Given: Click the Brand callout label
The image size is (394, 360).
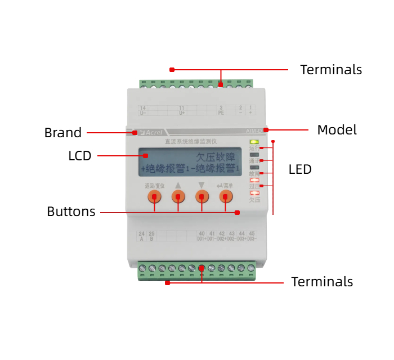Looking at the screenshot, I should (x=63, y=133).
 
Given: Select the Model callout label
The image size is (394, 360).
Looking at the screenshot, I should (x=337, y=130).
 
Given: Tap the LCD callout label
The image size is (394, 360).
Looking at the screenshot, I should (x=80, y=156).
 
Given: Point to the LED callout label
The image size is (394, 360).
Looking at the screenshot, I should (x=300, y=169).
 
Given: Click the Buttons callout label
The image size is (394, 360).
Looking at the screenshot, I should (x=71, y=212).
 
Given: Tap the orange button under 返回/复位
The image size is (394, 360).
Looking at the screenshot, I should (x=154, y=196).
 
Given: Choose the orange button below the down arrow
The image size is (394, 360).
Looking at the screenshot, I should (x=202, y=196).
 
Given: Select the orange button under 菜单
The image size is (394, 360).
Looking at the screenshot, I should (x=226, y=196).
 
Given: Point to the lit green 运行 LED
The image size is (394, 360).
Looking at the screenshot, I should (x=254, y=142).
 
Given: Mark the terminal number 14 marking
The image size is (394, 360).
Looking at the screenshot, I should (x=143, y=107).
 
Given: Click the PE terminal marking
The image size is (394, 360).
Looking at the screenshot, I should (x=221, y=112).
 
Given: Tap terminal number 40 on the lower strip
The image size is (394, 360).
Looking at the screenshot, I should (x=202, y=233).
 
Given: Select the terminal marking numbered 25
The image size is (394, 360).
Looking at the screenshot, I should (x=151, y=233).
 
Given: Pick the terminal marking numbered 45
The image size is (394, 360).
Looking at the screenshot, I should (x=251, y=233).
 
